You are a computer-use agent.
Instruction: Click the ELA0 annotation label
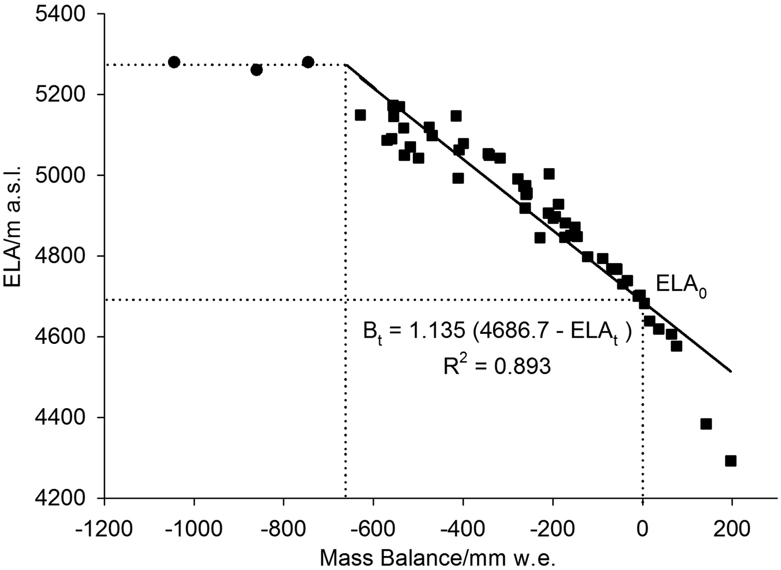[681, 285]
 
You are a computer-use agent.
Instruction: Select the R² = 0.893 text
[496, 366]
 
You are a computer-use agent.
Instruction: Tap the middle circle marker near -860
[257, 70]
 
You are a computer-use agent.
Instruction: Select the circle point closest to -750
[308, 62]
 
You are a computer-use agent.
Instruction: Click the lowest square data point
[731, 461]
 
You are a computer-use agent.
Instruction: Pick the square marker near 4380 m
[706, 424]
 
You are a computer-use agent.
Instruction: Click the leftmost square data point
[360, 115]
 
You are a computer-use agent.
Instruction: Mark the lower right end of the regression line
[730, 371]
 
